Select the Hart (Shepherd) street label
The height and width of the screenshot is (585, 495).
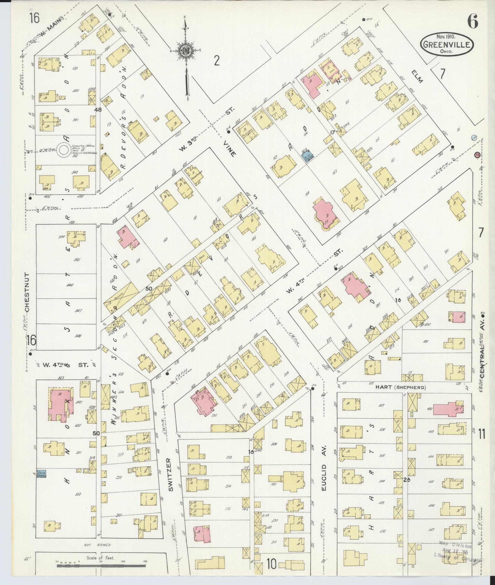(400, 388)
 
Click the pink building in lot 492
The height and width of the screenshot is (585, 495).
(448, 409)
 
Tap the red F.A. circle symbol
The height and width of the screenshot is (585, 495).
(477, 155)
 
